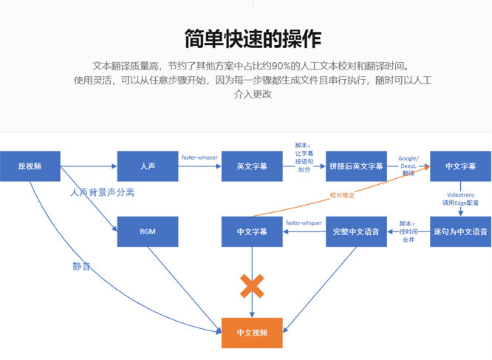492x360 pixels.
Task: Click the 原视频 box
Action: [x=30, y=166]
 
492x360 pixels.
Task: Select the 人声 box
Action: [x=148, y=166]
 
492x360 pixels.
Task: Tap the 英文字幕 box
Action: [x=252, y=166]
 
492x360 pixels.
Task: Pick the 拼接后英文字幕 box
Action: [x=356, y=166]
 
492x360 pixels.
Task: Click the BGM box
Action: [x=148, y=231]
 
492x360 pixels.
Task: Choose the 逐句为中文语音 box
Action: [x=460, y=231]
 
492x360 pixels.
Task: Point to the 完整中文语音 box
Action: [x=356, y=231]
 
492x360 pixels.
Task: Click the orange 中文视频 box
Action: [x=252, y=333]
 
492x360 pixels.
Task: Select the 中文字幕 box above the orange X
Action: [x=252, y=231]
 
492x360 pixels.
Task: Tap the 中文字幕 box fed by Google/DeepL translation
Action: [x=460, y=166]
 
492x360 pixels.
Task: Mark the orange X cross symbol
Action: [x=252, y=285]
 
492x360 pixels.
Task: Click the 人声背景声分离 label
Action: [x=102, y=193]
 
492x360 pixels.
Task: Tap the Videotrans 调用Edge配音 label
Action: [x=460, y=197]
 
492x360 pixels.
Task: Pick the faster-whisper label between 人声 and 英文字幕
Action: [x=199, y=157]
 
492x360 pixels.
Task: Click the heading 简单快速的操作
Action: [x=252, y=38]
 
